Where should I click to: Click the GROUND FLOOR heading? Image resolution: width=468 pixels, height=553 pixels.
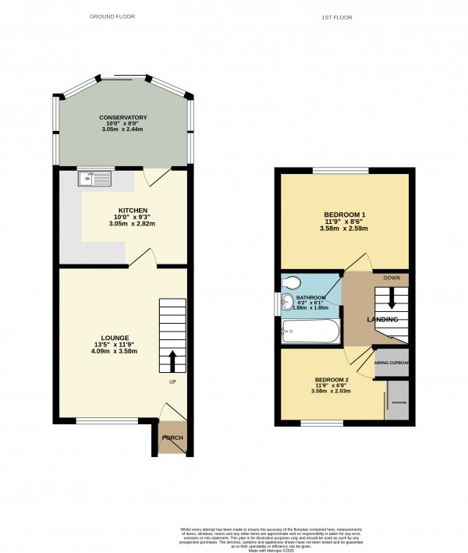point(112,16)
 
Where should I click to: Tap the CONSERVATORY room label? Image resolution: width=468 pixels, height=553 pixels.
point(123,118)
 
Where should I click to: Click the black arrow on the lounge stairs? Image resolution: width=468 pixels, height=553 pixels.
point(172,362)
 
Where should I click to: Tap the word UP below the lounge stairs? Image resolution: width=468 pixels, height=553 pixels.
point(173,382)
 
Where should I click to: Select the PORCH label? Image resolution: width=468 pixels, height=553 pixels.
point(172,438)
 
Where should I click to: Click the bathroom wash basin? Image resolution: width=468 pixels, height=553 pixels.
point(288,303)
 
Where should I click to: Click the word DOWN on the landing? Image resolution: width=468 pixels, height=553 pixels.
point(392,276)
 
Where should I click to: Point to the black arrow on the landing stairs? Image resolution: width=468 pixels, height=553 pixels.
point(392,300)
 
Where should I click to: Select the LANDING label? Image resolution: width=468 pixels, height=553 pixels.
point(383,320)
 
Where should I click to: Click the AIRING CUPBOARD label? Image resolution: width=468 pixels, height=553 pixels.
point(392,363)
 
